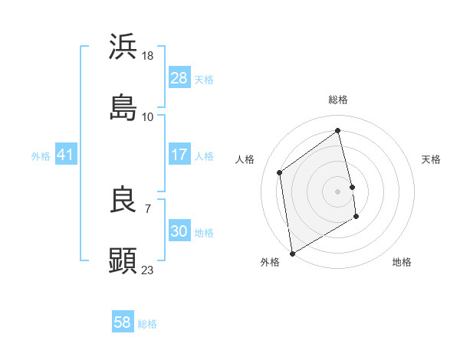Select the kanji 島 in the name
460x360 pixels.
point(123,107)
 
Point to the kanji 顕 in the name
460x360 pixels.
point(123,260)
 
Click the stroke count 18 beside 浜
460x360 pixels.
point(148,55)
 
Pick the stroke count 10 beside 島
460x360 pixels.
point(148,116)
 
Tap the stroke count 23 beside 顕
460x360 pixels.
point(148,270)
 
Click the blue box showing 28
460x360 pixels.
point(179,78)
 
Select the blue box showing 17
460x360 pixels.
point(179,155)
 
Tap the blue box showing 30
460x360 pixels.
point(179,231)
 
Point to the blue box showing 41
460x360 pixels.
point(66,155)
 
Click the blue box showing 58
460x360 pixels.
point(123,322)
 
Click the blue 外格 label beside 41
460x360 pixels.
point(41,156)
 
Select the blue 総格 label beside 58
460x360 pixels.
point(147,324)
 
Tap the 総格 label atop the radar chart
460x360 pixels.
point(338,100)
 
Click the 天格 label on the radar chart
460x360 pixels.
point(431,159)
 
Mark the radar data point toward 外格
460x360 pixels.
point(292,253)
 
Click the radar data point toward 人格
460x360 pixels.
point(280,172)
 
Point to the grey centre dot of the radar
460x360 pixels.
point(338,191)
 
